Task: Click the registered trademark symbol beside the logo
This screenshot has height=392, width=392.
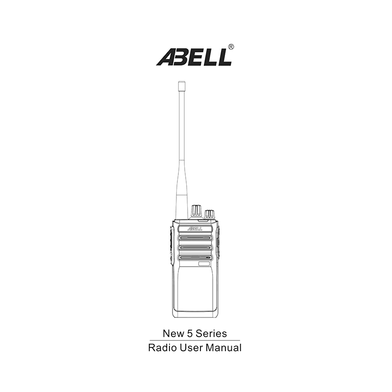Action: point(231,47)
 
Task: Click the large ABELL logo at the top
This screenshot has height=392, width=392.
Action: point(194,57)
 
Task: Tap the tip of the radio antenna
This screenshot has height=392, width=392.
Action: point(181,82)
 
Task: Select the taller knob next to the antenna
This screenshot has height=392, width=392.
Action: point(196,212)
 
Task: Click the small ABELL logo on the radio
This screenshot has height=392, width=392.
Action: point(195,228)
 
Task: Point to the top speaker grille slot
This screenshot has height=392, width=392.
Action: point(195,238)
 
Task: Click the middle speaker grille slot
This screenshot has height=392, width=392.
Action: point(195,247)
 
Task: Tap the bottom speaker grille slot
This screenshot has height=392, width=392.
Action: point(195,258)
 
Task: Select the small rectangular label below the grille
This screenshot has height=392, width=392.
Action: point(203,264)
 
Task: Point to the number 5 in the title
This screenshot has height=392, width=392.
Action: point(189,334)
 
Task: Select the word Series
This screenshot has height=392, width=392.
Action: point(211,334)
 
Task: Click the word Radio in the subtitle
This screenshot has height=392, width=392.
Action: point(162,348)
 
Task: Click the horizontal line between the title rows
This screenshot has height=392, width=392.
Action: point(195,340)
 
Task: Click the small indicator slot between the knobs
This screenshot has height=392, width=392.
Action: point(203,220)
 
